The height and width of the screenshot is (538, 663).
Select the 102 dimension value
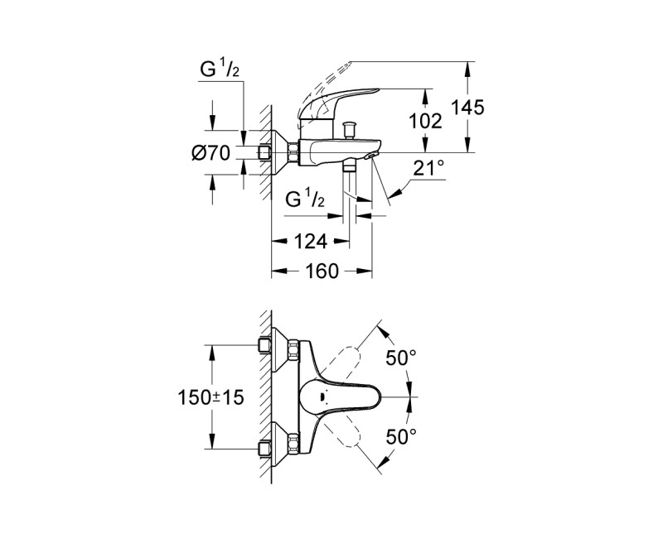click(x=426, y=121)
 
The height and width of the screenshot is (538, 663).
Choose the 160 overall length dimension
click(x=322, y=271)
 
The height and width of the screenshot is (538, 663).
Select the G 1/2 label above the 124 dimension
click(x=306, y=199)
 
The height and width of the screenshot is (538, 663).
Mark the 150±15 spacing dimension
click(x=214, y=397)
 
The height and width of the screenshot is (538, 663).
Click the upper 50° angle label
click(x=401, y=358)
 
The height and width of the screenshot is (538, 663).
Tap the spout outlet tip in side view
click(x=374, y=155)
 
